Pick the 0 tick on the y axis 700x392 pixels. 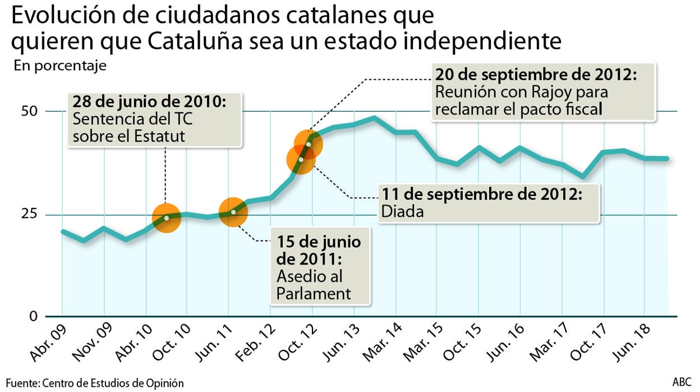pos(33,316)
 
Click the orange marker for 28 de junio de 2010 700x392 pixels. pos(166,218)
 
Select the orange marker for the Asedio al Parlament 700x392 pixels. pos(233,212)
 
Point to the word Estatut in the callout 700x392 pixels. pos(160,136)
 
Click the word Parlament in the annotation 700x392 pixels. pos(314,293)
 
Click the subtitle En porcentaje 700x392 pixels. pos(60,66)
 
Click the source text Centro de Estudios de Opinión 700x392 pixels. pos(112,383)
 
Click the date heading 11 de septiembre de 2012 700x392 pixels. pos(482,195)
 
